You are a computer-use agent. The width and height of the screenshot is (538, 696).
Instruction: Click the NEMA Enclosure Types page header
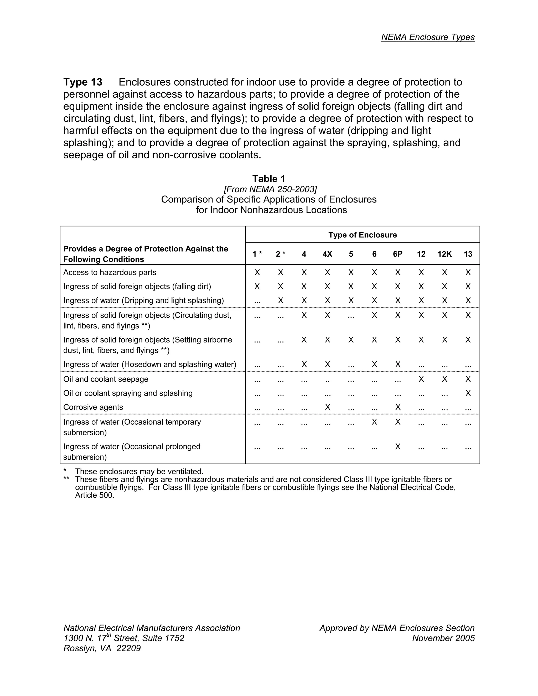point(428,37)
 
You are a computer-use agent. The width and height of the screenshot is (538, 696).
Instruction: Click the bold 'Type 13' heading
point(83,82)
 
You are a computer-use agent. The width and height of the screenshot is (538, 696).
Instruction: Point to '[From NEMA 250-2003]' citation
point(270,189)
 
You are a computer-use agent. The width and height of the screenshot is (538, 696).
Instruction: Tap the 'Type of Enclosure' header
point(362,235)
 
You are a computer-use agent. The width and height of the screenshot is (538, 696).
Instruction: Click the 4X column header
point(327,254)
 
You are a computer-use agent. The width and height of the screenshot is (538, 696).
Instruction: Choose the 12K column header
point(444,254)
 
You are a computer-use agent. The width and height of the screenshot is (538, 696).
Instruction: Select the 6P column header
point(397,254)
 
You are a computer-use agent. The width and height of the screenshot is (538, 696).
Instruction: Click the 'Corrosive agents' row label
point(93,407)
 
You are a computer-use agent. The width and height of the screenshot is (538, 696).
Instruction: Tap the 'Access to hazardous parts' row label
point(110,272)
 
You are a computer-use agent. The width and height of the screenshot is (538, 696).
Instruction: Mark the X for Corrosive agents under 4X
point(327,407)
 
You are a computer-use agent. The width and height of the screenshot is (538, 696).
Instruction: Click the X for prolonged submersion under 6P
point(397,446)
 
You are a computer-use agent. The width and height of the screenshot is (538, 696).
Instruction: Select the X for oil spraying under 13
point(468,393)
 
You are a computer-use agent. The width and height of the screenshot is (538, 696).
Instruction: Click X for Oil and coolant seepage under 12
point(421,379)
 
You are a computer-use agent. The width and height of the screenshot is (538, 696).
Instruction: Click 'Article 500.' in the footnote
point(95,496)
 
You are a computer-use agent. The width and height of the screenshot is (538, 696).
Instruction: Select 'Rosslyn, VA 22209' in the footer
point(102,648)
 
